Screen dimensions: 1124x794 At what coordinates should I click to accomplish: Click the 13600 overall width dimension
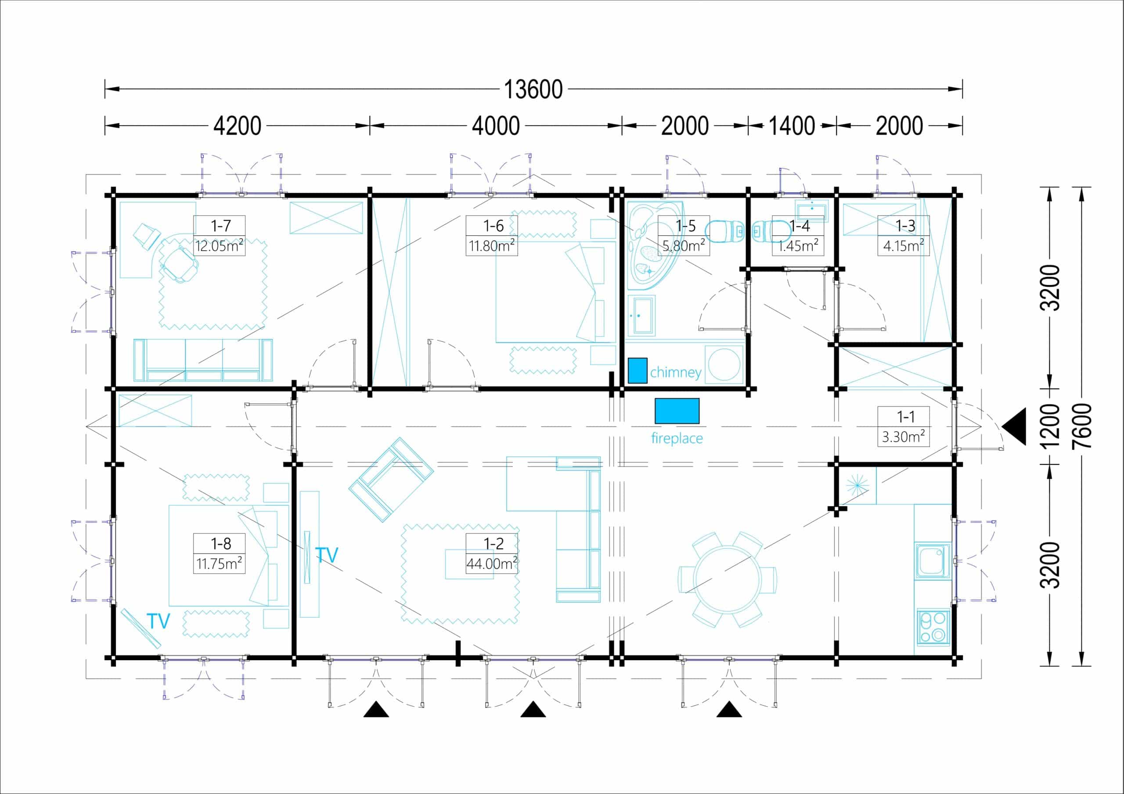pos(533,90)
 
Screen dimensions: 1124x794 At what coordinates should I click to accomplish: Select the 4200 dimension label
pos(238,126)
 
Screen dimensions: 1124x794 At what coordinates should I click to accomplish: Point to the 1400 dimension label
pos(792,126)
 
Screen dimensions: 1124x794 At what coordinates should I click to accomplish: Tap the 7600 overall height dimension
pos(1081,426)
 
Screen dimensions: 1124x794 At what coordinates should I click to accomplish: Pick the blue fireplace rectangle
pos(677,411)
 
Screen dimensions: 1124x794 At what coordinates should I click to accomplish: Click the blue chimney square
pos(638,370)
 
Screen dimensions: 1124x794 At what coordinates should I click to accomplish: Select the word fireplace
pos(677,438)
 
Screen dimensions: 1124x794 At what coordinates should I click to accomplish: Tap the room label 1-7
pos(220,226)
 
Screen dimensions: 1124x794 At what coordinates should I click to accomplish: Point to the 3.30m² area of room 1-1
pos(903,436)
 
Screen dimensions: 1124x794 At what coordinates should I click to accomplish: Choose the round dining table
pos(728,579)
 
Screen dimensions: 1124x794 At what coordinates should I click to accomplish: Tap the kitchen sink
pos(933,561)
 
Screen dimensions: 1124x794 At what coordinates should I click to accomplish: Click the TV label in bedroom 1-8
pos(158,621)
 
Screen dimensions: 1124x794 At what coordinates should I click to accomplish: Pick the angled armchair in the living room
pos(391,479)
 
